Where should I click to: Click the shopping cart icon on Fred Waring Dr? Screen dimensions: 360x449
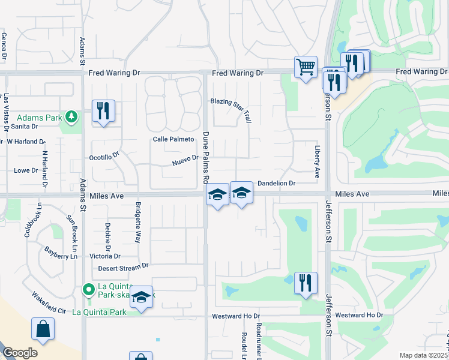(x=306, y=67)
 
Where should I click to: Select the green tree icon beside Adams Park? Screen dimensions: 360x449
(x=71, y=115)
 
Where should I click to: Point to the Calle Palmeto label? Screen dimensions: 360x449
(x=173, y=139)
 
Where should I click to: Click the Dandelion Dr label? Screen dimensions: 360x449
(x=277, y=183)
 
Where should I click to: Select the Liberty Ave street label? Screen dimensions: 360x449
(x=317, y=161)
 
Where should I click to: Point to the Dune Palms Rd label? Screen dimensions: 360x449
(x=205, y=157)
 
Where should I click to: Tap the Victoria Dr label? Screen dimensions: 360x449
(x=104, y=256)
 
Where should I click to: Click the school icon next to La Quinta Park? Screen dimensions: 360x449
(x=141, y=297)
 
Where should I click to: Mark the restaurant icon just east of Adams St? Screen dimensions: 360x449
(x=104, y=110)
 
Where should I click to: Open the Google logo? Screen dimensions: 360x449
(x=19, y=352)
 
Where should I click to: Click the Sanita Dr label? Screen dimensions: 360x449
(x=25, y=127)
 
